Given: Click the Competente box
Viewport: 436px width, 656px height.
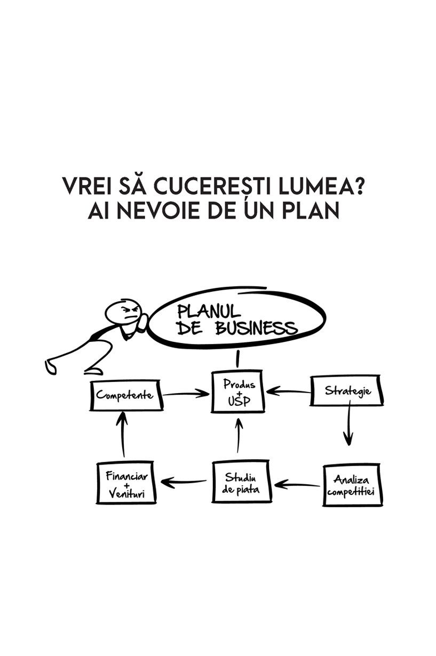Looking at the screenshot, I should (125, 395).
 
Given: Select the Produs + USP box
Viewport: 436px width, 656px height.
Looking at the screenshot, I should (239, 393).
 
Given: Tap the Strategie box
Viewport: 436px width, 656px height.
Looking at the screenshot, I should (347, 391).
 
